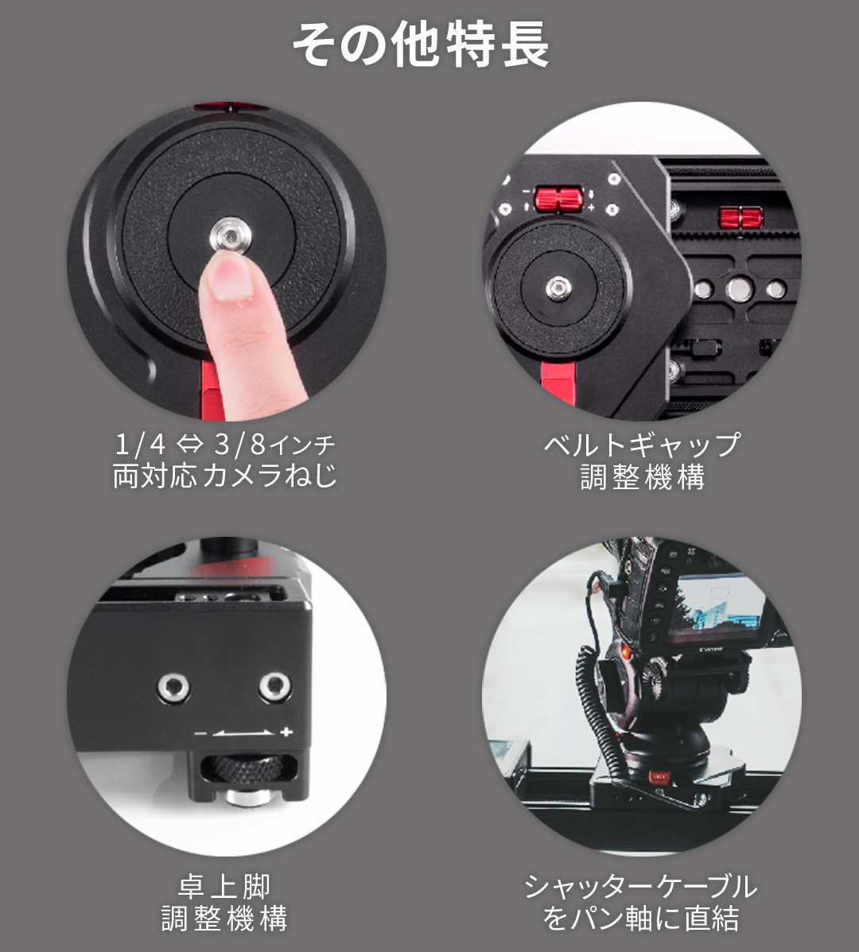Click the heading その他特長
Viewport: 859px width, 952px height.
tap(421, 45)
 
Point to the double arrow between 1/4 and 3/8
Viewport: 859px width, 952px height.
tap(189, 445)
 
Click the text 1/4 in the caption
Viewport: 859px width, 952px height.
tap(140, 445)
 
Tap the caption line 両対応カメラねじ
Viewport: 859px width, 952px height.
tap(224, 476)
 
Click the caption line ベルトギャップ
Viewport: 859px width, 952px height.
tap(643, 445)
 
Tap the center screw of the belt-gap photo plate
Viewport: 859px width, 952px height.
tap(558, 287)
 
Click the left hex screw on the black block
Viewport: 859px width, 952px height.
tap(173, 688)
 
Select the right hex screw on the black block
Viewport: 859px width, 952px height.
tap(275, 686)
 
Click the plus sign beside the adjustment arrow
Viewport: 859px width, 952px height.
tap(286, 732)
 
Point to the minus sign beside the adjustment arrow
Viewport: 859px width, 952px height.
tap(201, 734)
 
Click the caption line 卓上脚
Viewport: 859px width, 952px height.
tap(224, 887)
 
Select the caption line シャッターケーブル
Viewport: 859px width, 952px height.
tap(641, 887)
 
